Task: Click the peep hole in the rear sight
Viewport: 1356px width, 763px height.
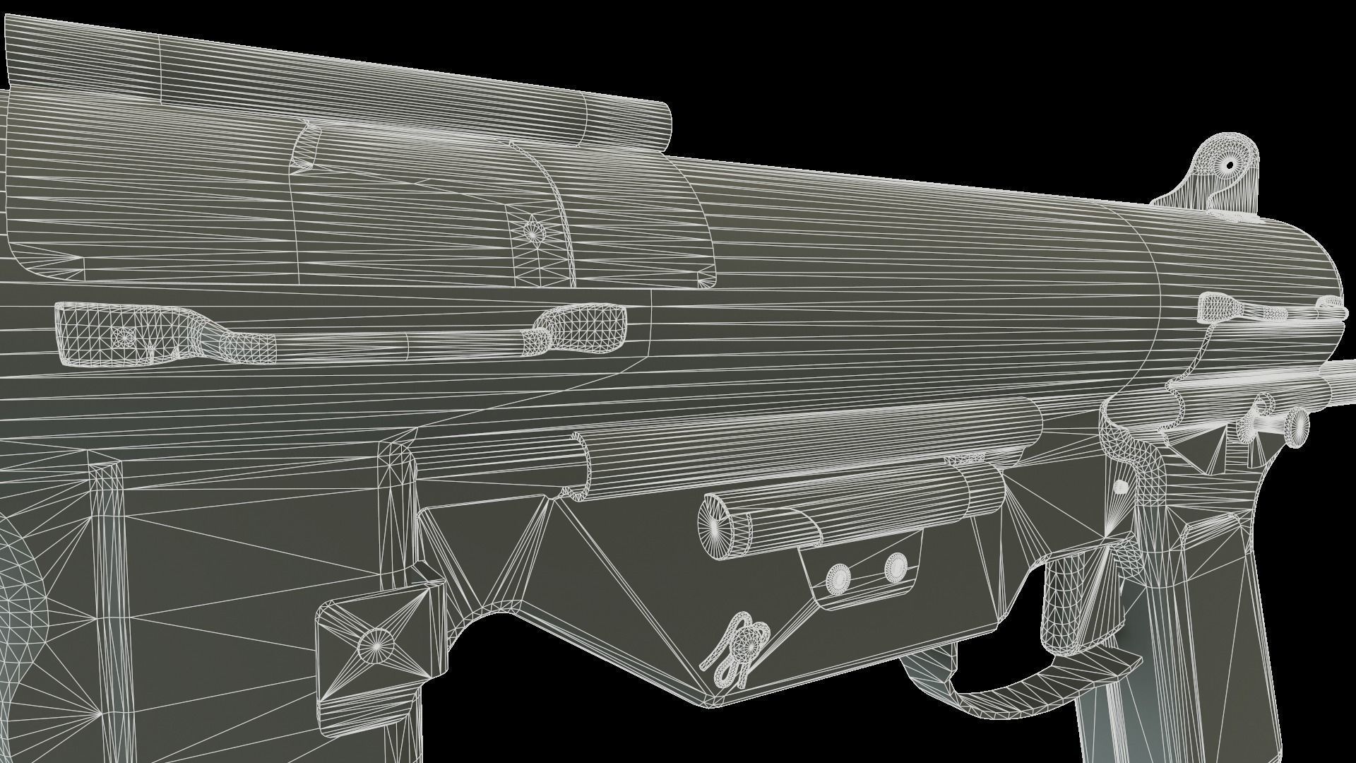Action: click(x=1230, y=165)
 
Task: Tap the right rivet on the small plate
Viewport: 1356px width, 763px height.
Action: click(x=896, y=565)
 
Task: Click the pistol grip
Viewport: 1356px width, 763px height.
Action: click(x=1201, y=636)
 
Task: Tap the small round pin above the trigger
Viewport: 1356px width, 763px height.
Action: click(x=1121, y=487)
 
